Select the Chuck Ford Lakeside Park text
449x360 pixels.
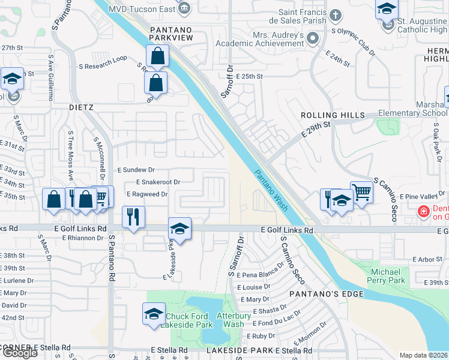190,320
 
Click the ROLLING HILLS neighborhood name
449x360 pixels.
333,115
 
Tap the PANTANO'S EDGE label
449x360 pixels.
327,294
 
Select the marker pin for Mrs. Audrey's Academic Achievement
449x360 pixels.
312,39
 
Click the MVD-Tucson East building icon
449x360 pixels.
184,8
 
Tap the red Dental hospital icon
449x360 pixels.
423,212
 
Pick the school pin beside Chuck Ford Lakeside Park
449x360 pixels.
153,314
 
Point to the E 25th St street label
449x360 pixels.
250,77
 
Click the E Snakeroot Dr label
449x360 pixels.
158,182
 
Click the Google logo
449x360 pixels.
20,352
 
